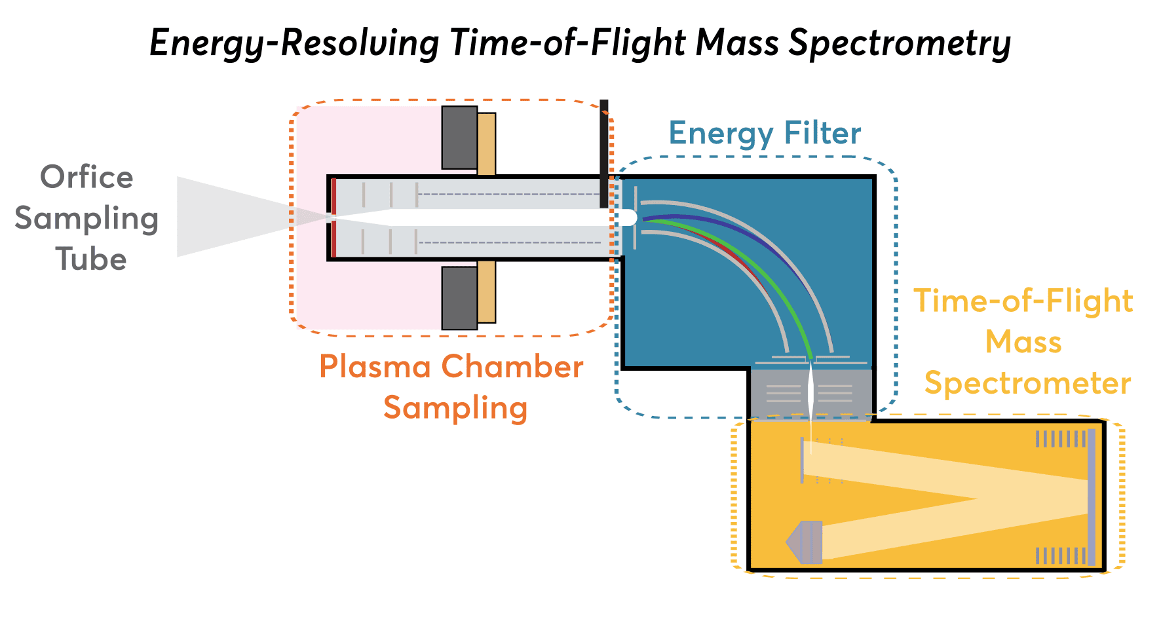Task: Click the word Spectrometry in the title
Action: click(x=900, y=45)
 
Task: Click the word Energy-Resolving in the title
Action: click(x=294, y=45)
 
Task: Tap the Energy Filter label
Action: click(x=764, y=134)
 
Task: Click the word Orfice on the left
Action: click(x=86, y=178)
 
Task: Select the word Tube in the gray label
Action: click(x=90, y=259)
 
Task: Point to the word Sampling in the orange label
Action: click(x=455, y=408)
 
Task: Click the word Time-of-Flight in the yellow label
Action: click(x=1023, y=301)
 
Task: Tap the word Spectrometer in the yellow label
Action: click(x=1027, y=384)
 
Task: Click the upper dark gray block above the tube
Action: click(x=459, y=138)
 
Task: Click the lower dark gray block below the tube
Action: click(x=459, y=297)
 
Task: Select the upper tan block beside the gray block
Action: click(x=486, y=143)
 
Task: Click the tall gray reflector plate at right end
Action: click(x=1091, y=497)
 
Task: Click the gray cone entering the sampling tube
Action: click(x=223, y=216)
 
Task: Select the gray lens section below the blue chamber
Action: click(x=810, y=393)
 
